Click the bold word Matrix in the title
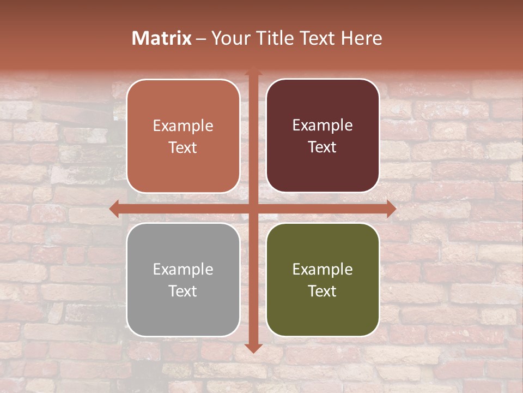pyautogui.click(x=162, y=38)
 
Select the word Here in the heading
pyautogui.click(x=361, y=38)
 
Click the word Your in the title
pyautogui.click(x=228, y=38)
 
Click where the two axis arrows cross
pyautogui.click(x=253, y=209)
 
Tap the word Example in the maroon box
pyautogui.click(x=323, y=125)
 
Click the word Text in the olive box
pyautogui.click(x=323, y=291)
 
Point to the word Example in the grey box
pyautogui.click(x=183, y=269)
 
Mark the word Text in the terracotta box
pyautogui.click(x=183, y=147)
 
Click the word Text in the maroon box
pyautogui.click(x=323, y=147)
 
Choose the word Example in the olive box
pyautogui.click(x=323, y=269)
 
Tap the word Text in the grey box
pyautogui.click(x=183, y=291)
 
